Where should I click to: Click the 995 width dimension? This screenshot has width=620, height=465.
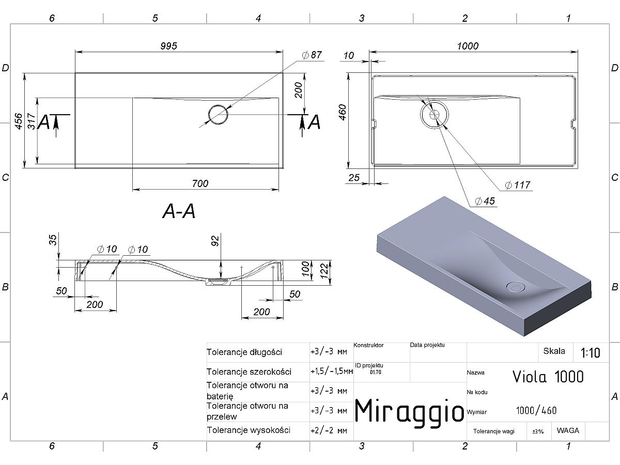pos(168,46)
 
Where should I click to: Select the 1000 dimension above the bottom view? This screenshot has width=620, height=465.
pos(468,46)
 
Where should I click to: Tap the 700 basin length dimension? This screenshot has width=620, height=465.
pos(200,184)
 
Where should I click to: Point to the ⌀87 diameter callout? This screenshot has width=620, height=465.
pos(312,55)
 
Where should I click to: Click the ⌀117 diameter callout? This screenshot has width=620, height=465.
pos(518,185)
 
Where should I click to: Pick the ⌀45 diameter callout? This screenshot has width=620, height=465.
pos(485,202)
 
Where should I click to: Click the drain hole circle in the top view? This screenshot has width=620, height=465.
pos(218,115)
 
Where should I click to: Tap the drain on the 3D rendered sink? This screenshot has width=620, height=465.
pos(516,287)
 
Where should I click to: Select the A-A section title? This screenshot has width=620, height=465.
pos(179,211)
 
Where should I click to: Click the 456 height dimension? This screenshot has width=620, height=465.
pos(19,121)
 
